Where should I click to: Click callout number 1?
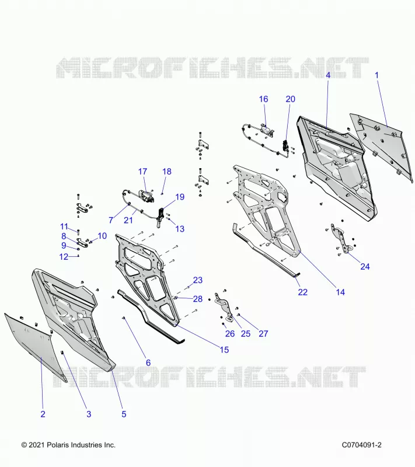(x=376, y=75)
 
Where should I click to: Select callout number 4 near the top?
(x=328, y=75)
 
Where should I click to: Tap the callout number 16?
(x=263, y=99)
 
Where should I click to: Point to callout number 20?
(x=290, y=99)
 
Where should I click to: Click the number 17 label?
(x=142, y=172)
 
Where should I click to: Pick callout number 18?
(x=167, y=172)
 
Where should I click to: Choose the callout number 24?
(x=365, y=267)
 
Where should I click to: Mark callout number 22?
(x=302, y=292)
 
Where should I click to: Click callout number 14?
(x=340, y=292)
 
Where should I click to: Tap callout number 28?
(x=198, y=299)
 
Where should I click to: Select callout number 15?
(x=224, y=350)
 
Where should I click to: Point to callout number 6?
(x=148, y=363)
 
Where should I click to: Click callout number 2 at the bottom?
(x=43, y=414)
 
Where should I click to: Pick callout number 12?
(x=64, y=257)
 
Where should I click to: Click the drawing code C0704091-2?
(x=361, y=445)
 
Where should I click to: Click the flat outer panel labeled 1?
(x=383, y=146)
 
